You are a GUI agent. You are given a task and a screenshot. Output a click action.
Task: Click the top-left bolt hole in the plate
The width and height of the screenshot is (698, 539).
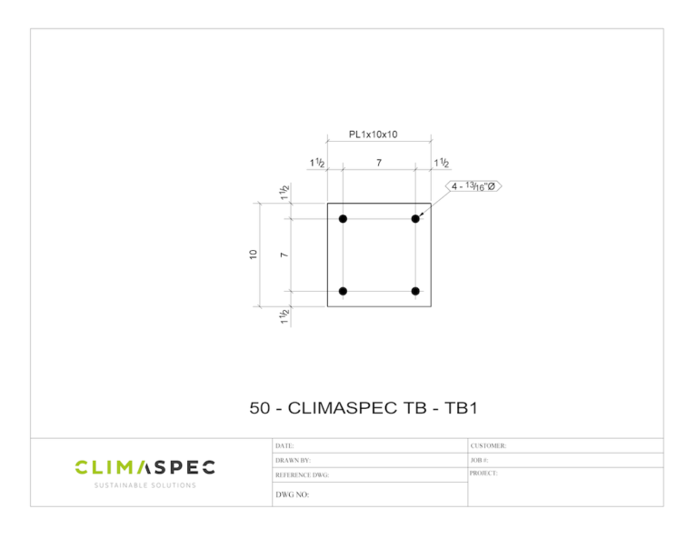pos(343,219)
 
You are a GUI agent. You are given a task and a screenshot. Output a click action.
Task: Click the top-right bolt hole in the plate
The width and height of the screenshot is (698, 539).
pos(415,219)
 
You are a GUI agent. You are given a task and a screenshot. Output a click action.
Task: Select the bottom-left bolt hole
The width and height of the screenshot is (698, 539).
pos(343,291)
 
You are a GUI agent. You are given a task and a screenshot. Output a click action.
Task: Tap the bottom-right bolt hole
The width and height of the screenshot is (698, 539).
pos(415,291)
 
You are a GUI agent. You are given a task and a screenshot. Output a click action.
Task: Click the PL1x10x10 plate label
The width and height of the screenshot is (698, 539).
pos(373,135)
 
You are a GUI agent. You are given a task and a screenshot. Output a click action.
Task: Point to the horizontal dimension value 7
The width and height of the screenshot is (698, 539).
pos(379,163)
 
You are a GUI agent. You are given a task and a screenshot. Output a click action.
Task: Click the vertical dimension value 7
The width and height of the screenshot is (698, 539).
pos(284,255)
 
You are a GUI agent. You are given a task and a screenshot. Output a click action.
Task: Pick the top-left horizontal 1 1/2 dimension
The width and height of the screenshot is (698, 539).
pos(318,163)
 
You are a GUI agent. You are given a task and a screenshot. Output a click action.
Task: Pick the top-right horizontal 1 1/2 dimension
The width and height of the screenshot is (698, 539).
pos(441,163)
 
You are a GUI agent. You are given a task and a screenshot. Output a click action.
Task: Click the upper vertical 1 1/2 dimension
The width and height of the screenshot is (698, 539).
pos(284,192)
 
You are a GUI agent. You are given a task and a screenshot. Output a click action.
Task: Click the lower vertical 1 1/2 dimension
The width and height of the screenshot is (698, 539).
pos(284,317)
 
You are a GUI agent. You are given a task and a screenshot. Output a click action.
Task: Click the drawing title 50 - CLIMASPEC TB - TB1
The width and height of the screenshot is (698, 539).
pos(364,408)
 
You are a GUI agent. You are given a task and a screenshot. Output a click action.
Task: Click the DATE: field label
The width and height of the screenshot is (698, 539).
pos(284,446)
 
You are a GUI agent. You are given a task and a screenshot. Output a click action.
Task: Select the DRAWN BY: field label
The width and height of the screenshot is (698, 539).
pos(293,461)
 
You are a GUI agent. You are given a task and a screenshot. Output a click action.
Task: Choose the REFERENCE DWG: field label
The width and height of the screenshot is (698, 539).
pos(302,475)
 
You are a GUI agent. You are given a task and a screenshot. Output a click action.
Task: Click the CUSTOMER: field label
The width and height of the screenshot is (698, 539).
pos(488,446)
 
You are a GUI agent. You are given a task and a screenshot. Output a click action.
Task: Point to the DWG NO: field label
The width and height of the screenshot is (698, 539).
pos(293,495)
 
